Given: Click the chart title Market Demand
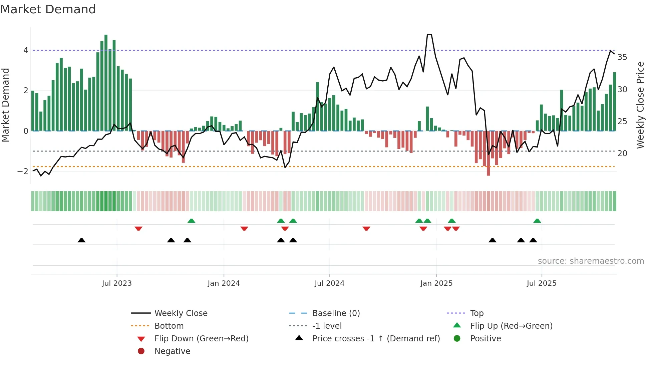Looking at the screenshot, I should [48, 9].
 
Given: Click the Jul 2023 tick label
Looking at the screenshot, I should [117, 283].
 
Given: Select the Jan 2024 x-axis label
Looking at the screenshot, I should [224, 283].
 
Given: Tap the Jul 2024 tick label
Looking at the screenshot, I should [329, 283].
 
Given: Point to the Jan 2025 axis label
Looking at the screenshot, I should [436, 283].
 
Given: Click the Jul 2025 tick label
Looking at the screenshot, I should [542, 283].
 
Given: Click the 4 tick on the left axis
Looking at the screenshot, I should [26, 50].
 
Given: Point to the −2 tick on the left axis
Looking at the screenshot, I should [23, 172].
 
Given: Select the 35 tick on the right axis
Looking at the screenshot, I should [622, 57].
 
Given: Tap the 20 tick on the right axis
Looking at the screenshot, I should [622, 154].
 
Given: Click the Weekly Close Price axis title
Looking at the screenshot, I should [640, 105].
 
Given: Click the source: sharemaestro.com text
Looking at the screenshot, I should [591, 261].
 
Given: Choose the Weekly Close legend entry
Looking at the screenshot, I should [181, 313].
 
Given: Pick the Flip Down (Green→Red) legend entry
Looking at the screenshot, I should [201, 339].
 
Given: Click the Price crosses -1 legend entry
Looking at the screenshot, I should [376, 339].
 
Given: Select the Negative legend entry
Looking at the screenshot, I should [172, 351].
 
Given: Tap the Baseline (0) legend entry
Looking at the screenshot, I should [336, 313].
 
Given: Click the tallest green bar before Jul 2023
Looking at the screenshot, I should [106, 83].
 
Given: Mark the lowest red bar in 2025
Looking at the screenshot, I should [488, 153].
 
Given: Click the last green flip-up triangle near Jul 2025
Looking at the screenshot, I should [537, 221].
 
